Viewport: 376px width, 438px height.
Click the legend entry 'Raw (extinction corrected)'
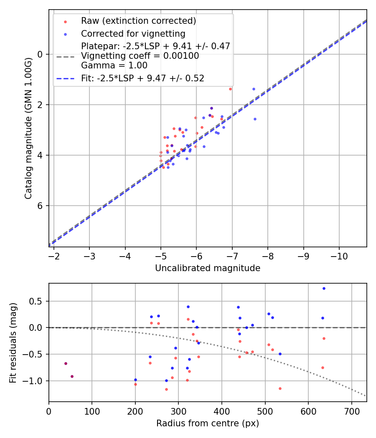pos(138,21)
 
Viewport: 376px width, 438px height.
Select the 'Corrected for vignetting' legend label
pos(133,33)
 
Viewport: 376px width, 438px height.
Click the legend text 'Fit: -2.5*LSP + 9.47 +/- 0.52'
pos(142,78)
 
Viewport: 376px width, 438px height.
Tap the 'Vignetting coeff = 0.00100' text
pos(140,56)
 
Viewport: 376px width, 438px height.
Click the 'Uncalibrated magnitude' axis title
pos(208,268)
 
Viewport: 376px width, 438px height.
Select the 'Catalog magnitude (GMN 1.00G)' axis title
pos(28,128)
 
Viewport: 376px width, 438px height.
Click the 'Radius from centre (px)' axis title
pos(208,423)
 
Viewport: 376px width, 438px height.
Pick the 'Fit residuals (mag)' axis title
pos(13,342)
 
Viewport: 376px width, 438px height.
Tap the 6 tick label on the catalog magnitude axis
pos(40,206)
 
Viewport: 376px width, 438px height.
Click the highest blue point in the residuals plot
pos(324,288)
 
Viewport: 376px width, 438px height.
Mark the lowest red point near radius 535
pos(280,388)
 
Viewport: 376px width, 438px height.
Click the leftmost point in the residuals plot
pos(66,363)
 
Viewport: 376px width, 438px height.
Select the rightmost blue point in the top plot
pos(255,119)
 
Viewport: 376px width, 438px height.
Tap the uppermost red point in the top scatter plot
pos(230,89)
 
